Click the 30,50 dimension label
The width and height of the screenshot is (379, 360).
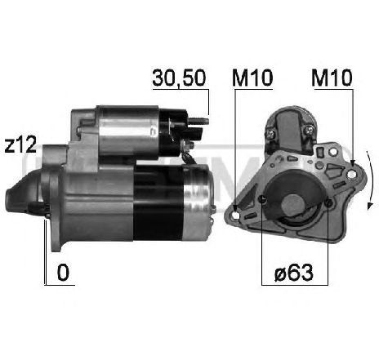179,78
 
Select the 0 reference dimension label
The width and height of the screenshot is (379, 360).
62,272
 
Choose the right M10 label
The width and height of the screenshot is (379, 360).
332,78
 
